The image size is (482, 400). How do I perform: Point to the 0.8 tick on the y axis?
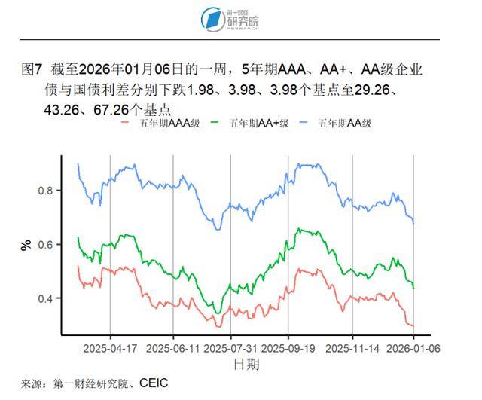coord(47,191)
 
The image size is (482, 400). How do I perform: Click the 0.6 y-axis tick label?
coord(47,245)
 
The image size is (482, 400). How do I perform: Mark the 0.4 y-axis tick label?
coord(47,299)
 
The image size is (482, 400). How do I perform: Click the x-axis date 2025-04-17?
coord(110,349)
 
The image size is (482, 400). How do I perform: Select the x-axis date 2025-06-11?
coord(173,349)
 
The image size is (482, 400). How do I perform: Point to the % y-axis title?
coord(26,245)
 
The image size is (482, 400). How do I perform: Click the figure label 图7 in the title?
coord(30,70)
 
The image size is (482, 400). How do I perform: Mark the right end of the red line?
coord(413,325)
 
